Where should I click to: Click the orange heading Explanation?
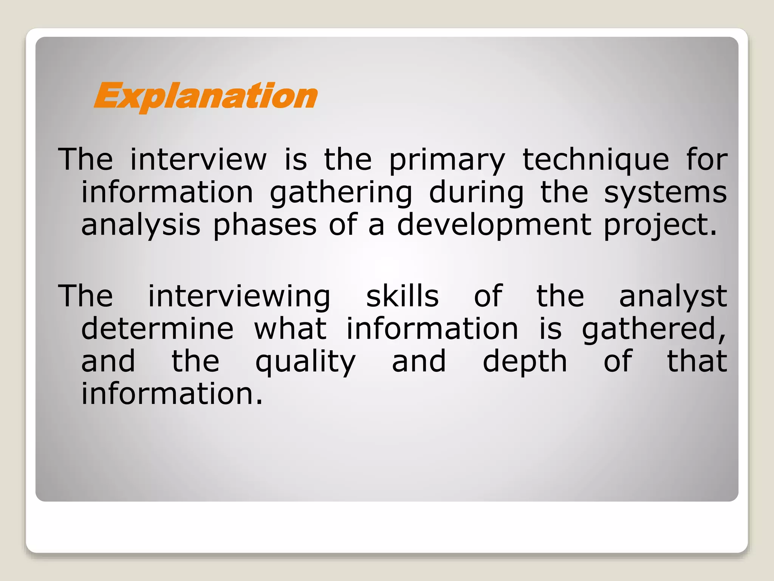click(205, 96)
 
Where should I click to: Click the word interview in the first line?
click(198, 160)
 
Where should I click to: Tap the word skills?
click(402, 296)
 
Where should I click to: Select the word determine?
click(157, 328)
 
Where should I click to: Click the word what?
click(290, 328)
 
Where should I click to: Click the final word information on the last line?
click(172, 394)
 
